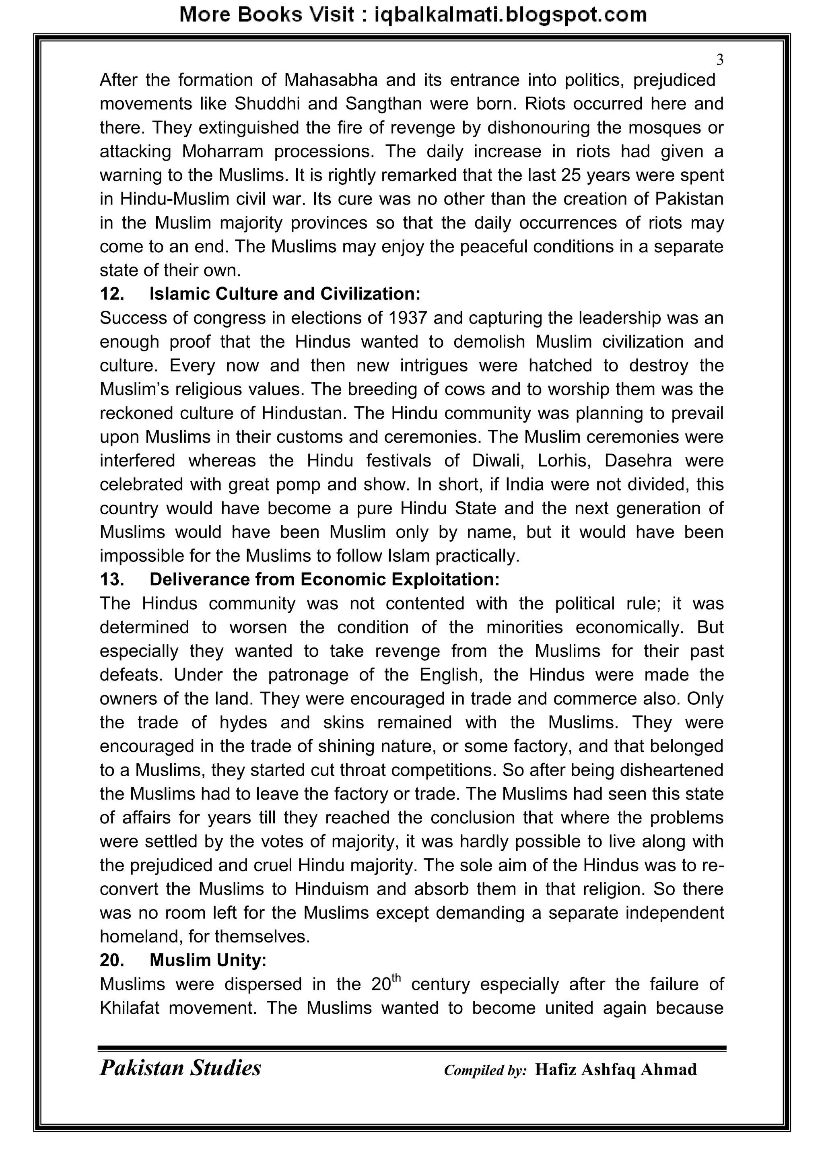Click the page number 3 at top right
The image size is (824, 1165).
(719, 60)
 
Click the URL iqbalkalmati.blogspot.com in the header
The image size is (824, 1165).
(510, 15)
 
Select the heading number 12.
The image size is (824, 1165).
(112, 294)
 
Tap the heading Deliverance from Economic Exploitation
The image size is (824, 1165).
(325, 579)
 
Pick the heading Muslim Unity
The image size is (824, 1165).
(208, 960)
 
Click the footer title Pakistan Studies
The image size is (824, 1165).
(180, 1068)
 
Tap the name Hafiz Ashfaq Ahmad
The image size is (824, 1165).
(616, 1069)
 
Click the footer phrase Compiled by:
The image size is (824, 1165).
(486, 1070)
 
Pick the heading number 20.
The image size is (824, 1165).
(112, 960)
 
